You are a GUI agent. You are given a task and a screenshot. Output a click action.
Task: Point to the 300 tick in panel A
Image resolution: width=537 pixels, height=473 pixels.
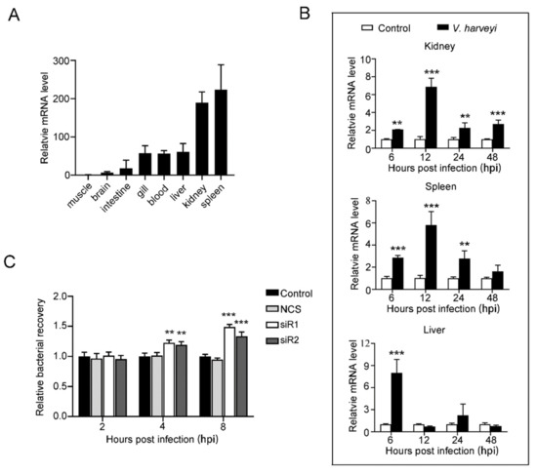(63, 60)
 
